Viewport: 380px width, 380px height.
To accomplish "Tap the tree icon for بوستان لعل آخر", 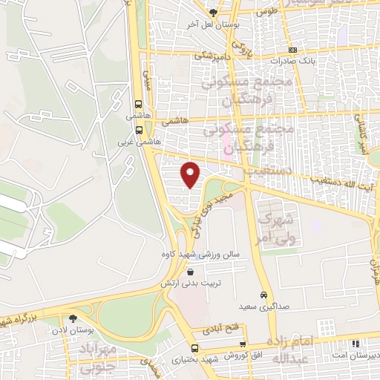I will tap(214, 13).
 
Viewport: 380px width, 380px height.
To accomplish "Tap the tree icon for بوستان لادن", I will tap(73, 318).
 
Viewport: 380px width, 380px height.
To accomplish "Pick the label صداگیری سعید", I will tap(258, 306).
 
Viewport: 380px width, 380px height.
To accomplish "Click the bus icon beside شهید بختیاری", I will tap(194, 348).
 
